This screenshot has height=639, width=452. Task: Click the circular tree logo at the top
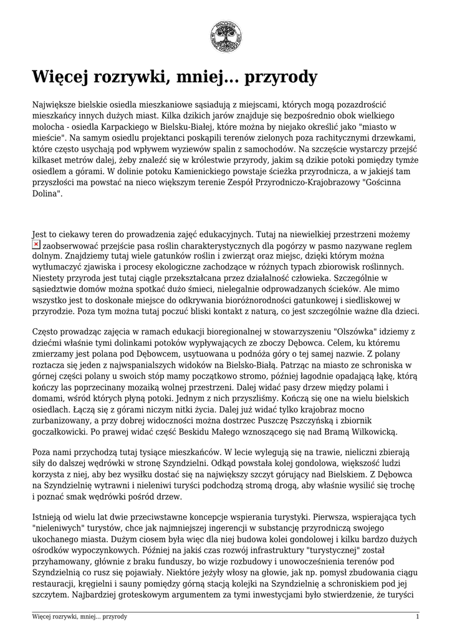click(x=226, y=36)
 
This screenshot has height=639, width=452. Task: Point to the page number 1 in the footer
click(x=417, y=617)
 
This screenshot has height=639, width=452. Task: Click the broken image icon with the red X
click(x=36, y=245)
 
